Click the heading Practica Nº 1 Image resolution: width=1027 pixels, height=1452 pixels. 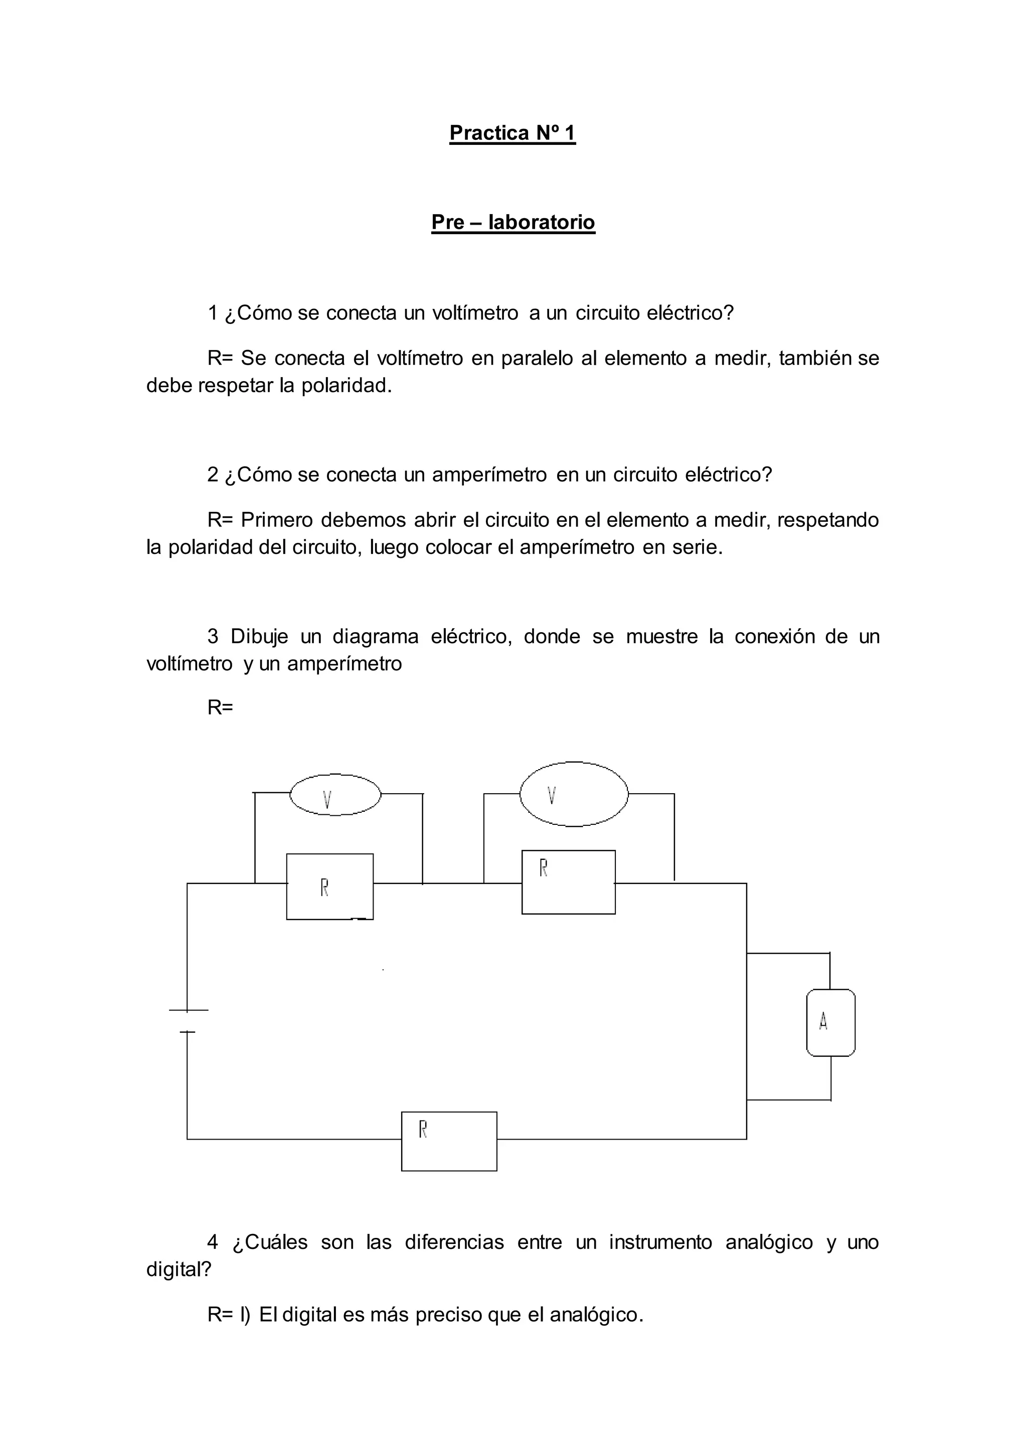(512, 133)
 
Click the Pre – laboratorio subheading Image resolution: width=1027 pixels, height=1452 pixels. (513, 222)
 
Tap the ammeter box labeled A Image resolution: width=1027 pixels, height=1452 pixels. (830, 1023)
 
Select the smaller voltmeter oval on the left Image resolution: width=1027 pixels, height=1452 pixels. (335, 795)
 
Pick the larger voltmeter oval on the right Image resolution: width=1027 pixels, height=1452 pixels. (574, 794)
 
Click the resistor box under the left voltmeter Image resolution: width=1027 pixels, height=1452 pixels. (329, 886)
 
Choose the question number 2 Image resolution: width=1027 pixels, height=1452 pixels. (213, 475)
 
